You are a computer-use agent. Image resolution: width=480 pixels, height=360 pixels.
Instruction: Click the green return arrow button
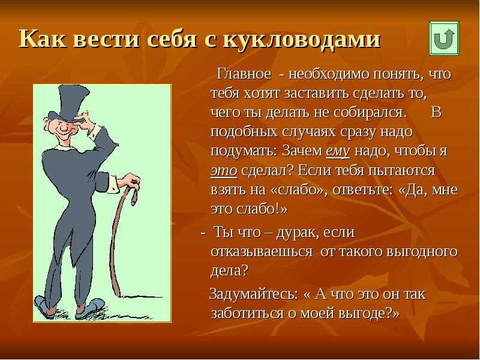pyautogui.click(x=444, y=38)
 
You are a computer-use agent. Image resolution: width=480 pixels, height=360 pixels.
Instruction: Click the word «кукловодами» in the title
pyautogui.click(x=302, y=38)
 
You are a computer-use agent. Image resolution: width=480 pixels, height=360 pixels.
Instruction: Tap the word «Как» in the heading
pyautogui.click(x=42, y=38)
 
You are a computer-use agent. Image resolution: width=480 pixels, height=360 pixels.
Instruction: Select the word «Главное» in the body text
pyautogui.click(x=244, y=74)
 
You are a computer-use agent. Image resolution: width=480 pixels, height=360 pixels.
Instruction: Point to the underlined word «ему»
pyautogui.click(x=338, y=151)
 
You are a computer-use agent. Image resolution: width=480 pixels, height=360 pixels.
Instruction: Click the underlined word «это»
pyautogui.click(x=224, y=170)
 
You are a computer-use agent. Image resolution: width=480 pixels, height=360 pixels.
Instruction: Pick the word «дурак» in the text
pyautogui.click(x=296, y=233)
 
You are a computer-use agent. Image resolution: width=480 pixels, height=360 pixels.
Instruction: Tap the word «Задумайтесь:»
pyautogui.click(x=254, y=294)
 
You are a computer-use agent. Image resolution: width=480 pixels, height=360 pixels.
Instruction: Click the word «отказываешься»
pyautogui.click(x=262, y=252)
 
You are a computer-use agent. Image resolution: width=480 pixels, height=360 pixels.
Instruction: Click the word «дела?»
pyautogui.click(x=229, y=271)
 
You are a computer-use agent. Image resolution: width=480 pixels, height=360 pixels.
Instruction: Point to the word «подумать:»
pyautogui.click(x=244, y=151)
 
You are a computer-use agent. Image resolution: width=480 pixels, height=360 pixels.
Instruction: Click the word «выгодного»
pyautogui.click(x=422, y=252)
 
